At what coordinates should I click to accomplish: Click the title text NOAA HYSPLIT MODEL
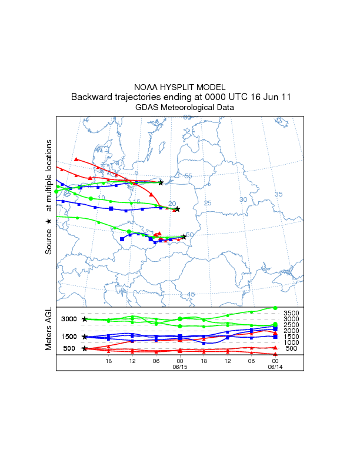click(179, 86)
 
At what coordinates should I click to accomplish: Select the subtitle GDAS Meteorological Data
click(185, 108)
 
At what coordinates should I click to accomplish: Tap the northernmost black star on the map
click(161, 183)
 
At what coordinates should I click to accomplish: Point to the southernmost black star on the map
click(184, 237)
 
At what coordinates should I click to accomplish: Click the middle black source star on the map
click(177, 209)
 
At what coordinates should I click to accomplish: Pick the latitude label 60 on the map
click(187, 118)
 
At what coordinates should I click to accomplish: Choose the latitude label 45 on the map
click(191, 294)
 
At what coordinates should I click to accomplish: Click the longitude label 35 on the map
click(279, 194)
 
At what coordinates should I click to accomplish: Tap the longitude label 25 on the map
click(207, 203)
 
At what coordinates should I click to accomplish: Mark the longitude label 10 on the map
click(101, 198)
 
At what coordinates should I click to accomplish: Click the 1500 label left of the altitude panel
click(69, 337)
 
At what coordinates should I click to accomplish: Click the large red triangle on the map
click(76, 159)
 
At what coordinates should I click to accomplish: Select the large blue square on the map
click(122, 239)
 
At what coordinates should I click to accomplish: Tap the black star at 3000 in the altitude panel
click(85, 319)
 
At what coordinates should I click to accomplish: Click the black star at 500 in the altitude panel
click(85, 348)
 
